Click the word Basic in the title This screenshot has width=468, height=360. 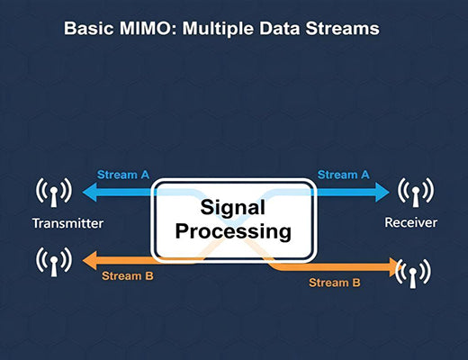point(87,29)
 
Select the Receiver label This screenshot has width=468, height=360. point(411,222)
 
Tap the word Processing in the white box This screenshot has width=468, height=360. point(233,231)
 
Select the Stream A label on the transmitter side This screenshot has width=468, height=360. point(122,174)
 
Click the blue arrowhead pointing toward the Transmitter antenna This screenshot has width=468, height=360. point(86,191)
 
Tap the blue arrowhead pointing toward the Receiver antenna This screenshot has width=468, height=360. point(382,191)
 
